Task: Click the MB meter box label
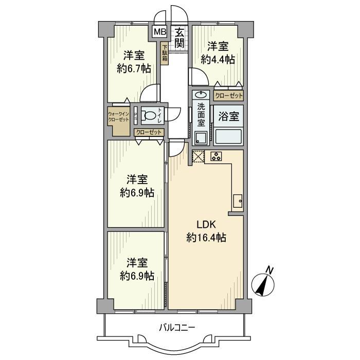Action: pyautogui.click(x=159, y=32)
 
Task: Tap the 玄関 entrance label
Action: pyautogui.click(x=179, y=37)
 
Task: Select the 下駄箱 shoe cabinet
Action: pyautogui.click(x=165, y=54)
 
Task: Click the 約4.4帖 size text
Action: pyautogui.click(x=218, y=60)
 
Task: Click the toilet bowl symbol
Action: pyautogui.click(x=149, y=116)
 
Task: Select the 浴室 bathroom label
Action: pyautogui.click(x=228, y=116)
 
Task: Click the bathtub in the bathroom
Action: pyautogui.click(x=229, y=136)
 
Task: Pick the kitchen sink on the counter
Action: pyautogui.click(x=238, y=201)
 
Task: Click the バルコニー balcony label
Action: pyautogui.click(x=177, y=327)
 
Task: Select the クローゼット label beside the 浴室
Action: pyautogui.click(x=228, y=96)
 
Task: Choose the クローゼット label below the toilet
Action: pyautogui.click(x=149, y=132)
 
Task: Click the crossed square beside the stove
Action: pyautogui.click(x=198, y=156)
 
